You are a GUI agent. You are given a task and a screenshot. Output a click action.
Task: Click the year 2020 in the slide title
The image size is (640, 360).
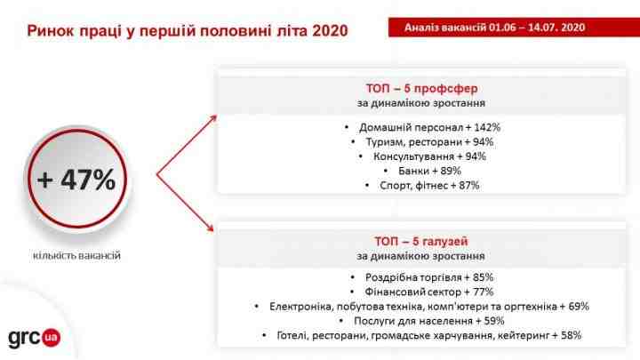click(330, 31)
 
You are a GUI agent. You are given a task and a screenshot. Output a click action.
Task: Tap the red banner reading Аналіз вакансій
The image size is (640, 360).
click(514, 28)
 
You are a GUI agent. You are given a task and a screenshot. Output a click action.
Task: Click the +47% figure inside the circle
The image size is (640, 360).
click(76, 180)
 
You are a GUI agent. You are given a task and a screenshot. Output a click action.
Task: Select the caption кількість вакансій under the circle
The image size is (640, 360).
click(76, 255)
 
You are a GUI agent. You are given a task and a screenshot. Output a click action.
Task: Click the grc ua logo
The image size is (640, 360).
click(35, 338)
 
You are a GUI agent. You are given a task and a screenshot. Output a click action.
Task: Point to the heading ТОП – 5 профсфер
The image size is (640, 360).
click(421, 88)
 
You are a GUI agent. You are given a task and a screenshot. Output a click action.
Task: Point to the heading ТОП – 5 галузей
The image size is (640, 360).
click(421, 241)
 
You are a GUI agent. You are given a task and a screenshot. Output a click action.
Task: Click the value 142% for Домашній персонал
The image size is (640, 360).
click(487, 127)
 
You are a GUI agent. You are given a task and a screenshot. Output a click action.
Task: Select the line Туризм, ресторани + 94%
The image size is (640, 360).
click(429, 142)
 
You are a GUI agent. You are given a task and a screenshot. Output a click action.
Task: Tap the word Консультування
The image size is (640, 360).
click(413, 156)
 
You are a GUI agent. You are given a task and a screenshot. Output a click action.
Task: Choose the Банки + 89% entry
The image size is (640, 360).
click(429, 171)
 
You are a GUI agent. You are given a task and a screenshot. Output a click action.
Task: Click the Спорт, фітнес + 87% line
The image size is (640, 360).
click(429, 185)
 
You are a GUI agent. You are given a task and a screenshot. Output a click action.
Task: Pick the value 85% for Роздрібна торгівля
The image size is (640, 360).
click(483, 277)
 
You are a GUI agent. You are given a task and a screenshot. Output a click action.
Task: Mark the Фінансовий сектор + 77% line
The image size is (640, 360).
click(429, 292)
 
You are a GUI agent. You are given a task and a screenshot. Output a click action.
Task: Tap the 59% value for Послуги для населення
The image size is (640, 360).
click(494, 321)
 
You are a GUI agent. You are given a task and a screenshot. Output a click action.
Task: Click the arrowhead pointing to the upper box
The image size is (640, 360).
click(212, 119)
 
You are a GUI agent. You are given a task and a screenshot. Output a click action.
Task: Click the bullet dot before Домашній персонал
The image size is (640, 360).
click(347, 127)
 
